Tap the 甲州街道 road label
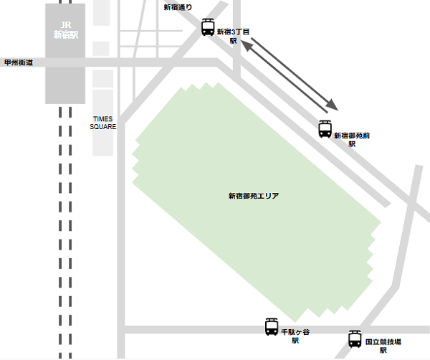19,62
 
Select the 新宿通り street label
178,8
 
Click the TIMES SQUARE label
103,123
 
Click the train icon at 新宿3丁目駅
208,28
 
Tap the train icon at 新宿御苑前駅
325,129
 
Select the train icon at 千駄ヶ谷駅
272,327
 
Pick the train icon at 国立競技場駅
355,338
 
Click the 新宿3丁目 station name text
233,32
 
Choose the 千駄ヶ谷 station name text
295,333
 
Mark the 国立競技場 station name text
383,343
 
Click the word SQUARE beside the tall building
103,127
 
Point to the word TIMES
103,118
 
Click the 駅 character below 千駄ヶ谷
295,341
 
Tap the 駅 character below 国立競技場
383,351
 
